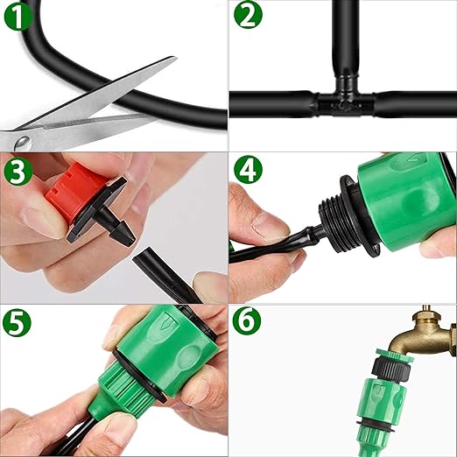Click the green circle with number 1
[18, 16]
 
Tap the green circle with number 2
[249, 15]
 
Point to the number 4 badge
[248, 169]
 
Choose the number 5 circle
[17, 322]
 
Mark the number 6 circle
[247, 321]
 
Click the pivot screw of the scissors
[24, 143]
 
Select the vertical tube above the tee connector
[345, 38]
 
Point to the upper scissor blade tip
[174, 58]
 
